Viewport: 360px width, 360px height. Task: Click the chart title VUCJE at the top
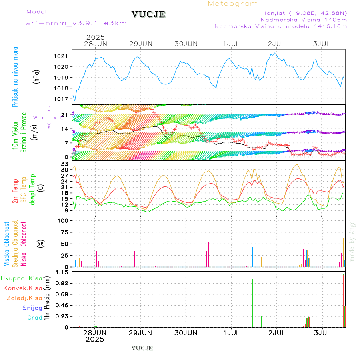148,14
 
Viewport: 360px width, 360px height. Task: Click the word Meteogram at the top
233,4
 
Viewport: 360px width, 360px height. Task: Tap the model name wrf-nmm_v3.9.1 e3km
76,23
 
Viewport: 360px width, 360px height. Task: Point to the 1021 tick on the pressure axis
64,56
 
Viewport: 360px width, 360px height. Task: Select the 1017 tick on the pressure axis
64,99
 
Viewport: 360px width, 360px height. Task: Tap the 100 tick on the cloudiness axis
64,220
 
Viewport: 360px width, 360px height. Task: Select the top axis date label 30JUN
186,44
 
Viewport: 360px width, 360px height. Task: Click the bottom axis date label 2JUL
277,333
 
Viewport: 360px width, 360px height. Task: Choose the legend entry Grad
35,318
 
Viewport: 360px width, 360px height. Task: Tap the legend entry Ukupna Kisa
21,278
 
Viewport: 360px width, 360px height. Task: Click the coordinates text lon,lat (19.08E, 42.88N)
303,12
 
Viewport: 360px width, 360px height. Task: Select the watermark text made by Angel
352,240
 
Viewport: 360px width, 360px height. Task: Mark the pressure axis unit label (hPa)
36,77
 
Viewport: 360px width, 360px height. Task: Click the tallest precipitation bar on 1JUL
252,303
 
